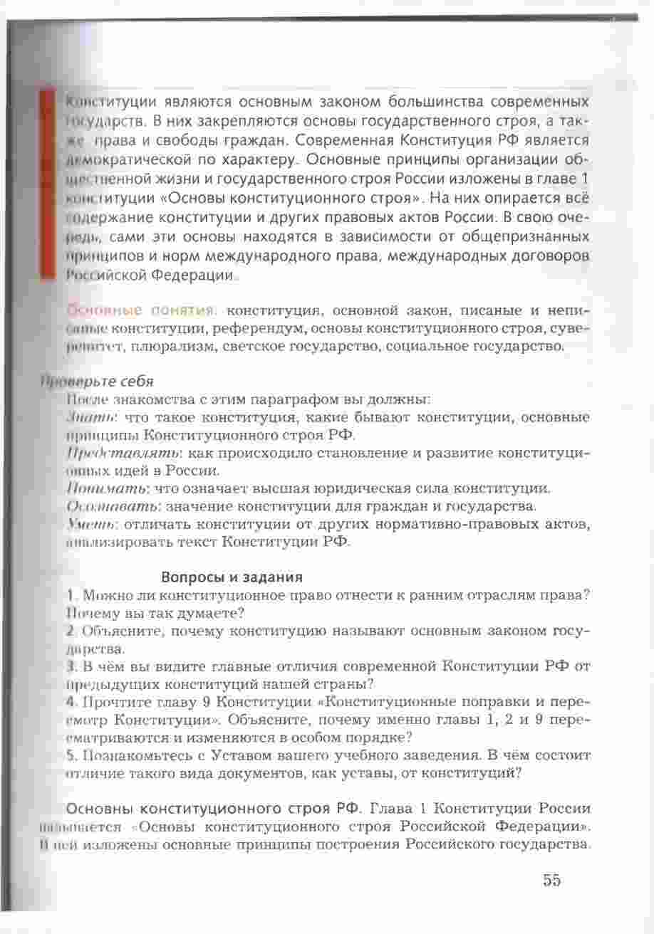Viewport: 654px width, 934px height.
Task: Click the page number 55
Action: coord(551,880)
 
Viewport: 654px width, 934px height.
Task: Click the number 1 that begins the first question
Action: coord(68,594)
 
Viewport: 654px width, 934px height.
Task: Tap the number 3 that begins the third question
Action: coord(69,667)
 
